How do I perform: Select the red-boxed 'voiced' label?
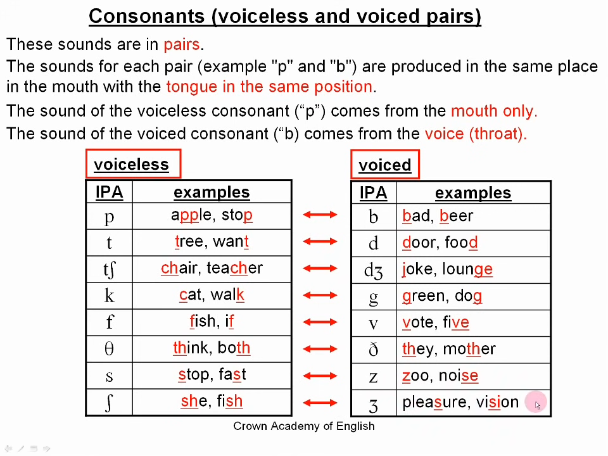384,165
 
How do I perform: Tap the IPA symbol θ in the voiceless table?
109,348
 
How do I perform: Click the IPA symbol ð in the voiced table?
373,349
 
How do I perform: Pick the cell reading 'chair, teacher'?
212,268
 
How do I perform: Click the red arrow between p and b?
320,215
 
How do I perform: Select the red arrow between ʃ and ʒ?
320,403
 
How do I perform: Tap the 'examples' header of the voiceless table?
212,192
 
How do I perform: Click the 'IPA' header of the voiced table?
374,193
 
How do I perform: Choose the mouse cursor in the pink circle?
537,405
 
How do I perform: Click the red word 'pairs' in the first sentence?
182,44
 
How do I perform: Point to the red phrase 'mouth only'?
493,111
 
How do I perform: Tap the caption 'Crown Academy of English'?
304,426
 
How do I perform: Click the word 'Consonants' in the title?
146,16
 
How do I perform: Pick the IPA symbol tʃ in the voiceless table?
110,269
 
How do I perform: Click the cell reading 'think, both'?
212,348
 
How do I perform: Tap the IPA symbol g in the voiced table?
373,298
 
